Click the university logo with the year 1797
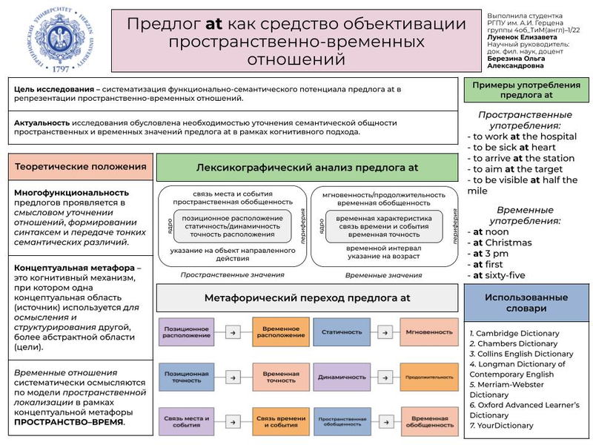point(54,39)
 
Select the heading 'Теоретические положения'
point(81,168)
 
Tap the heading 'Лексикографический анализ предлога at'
point(306,168)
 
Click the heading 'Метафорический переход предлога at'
point(306,297)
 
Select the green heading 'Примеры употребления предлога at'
point(526,90)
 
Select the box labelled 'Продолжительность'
point(428,377)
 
